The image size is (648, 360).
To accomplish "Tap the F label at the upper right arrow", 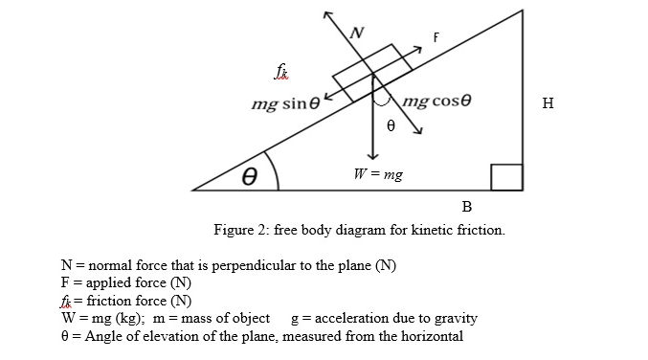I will [436, 38].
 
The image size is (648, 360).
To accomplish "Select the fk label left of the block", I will [280, 74].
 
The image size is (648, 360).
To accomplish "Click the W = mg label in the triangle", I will [378, 175].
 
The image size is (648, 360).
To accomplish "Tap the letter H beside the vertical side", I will [547, 104].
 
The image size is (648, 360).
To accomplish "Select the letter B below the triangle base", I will [466, 206].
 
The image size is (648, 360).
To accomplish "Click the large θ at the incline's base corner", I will [250, 176].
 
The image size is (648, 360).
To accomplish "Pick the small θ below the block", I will [390, 125].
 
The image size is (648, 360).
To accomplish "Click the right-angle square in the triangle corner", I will [507, 177].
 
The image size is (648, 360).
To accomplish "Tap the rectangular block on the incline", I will [372, 72].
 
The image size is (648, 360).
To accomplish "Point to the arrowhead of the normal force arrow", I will [328, 16].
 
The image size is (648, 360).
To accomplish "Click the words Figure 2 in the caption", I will [243, 231].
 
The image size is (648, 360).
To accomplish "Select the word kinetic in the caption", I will [431, 231].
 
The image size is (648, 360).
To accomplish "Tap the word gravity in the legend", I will [455, 318].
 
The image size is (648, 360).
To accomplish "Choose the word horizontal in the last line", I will [430, 336].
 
